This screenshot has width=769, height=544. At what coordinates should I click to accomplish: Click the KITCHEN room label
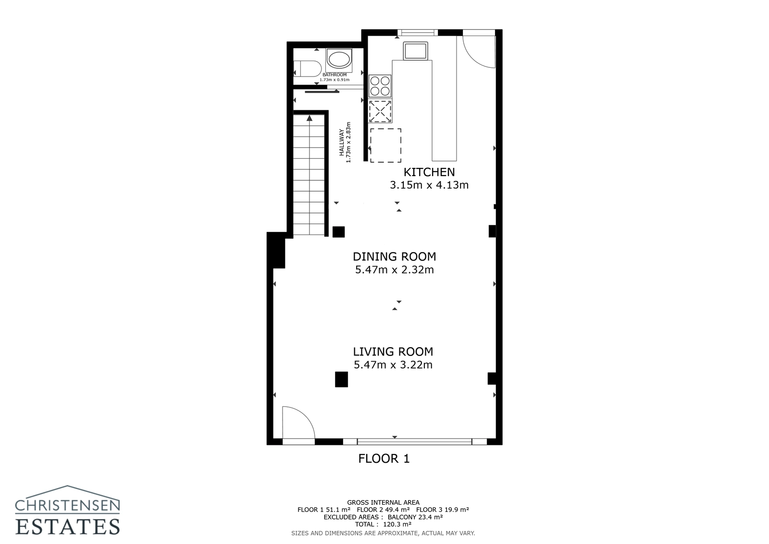pyautogui.click(x=429, y=172)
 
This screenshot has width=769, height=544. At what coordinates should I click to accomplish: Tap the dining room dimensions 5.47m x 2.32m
pyautogui.click(x=394, y=270)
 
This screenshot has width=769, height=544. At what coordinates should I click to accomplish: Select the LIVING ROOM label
pyautogui.click(x=393, y=352)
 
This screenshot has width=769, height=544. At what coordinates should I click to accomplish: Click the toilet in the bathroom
pyautogui.click(x=308, y=69)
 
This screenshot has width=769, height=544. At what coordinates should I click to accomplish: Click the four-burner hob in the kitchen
pyautogui.click(x=380, y=86)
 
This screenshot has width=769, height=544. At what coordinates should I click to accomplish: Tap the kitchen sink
pyautogui.click(x=415, y=51)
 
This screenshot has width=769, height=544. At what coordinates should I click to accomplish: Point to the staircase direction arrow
pyautogui.click(x=310, y=117)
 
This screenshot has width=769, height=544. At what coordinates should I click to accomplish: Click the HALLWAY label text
pyautogui.click(x=342, y=142)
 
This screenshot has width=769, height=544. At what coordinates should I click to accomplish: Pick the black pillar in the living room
pyautogui.click(x=341, y=380)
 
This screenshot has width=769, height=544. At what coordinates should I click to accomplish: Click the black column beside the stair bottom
pyautogui.click(x=338, y=232)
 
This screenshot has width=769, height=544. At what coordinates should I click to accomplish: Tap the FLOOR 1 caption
pyautogui.click(x=384, y=459)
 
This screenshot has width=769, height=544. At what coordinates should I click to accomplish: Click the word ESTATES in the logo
pyautogui.click(x=67, y=526)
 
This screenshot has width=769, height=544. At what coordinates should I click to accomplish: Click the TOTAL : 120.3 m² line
pyautogui.click(x=383, y=524)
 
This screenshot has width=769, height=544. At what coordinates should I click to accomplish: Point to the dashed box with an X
pyautogui.click(x=380, y=112)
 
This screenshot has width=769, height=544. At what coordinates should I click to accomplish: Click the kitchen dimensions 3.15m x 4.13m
pyautogui.click(x=429, y=185)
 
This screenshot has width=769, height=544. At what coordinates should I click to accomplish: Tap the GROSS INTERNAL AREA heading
pyautogui.click(x=383, y=503)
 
